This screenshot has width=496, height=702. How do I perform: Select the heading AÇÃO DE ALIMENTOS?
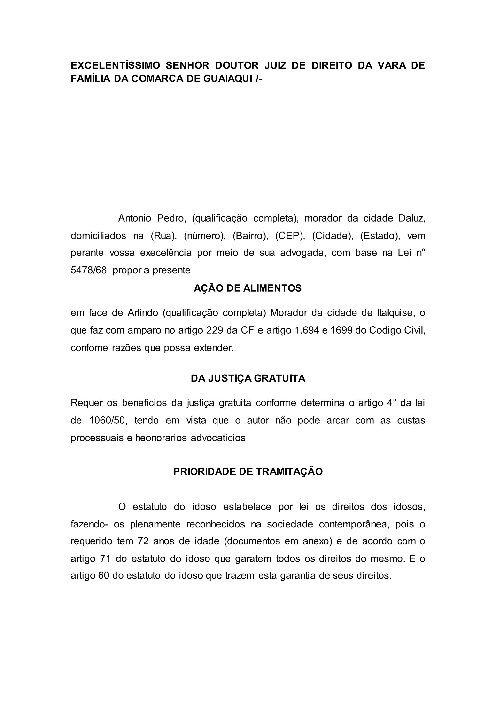point(248,288)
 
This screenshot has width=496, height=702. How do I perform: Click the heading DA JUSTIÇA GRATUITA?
point(248,379)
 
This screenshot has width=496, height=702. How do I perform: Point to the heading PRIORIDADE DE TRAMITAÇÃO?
point(248,471)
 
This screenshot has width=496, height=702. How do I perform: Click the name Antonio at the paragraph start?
point(134,218)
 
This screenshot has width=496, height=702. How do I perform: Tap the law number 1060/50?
point(108,420)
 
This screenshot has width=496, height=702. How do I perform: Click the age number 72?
point(143,541)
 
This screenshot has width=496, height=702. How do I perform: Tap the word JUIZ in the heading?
point(275,66)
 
